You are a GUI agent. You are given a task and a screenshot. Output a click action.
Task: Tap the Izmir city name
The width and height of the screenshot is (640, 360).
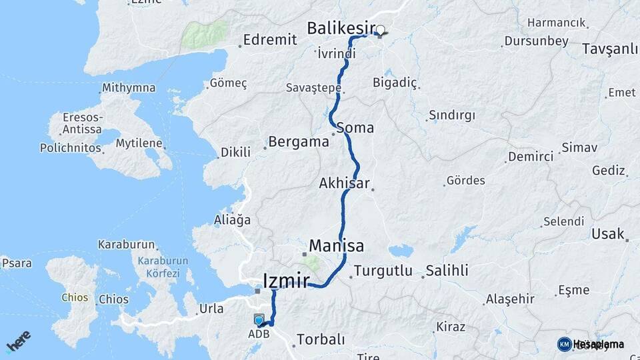(x=287, y=281)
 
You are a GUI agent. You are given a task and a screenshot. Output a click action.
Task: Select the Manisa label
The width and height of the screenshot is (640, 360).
(x=337, y=246)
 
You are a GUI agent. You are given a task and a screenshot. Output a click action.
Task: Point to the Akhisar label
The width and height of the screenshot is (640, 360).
(x=344, y=183)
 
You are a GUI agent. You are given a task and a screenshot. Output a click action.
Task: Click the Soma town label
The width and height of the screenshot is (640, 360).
(x=355, y=127)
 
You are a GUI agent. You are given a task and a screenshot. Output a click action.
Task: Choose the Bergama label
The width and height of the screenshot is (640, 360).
(x=299, y=141)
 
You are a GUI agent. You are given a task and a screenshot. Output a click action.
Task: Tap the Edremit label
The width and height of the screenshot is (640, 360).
(x=270, y=40)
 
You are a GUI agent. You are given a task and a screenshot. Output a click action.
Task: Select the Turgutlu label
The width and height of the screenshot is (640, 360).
(x=383, y=271)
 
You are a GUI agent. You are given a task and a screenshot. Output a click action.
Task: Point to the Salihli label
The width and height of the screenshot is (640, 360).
(x=447, y=271)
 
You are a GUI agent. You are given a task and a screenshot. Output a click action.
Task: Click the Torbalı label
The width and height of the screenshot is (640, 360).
(x=321, y=339)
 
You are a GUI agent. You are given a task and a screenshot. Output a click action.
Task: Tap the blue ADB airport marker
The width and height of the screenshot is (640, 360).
(x=259, y=321)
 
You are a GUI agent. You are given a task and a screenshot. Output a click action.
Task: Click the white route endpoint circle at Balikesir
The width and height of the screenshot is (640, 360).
(x=381, y=29)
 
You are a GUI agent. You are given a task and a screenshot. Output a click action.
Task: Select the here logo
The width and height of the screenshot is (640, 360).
(x=18, y=341)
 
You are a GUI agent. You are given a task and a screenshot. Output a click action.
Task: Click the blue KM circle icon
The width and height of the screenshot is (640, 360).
(x=564, y=344)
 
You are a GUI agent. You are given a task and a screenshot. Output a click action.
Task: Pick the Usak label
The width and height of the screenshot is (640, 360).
(x=607, y=234)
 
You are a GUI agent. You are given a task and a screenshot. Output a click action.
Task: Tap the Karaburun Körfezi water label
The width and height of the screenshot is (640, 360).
(x=159, y=267)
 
